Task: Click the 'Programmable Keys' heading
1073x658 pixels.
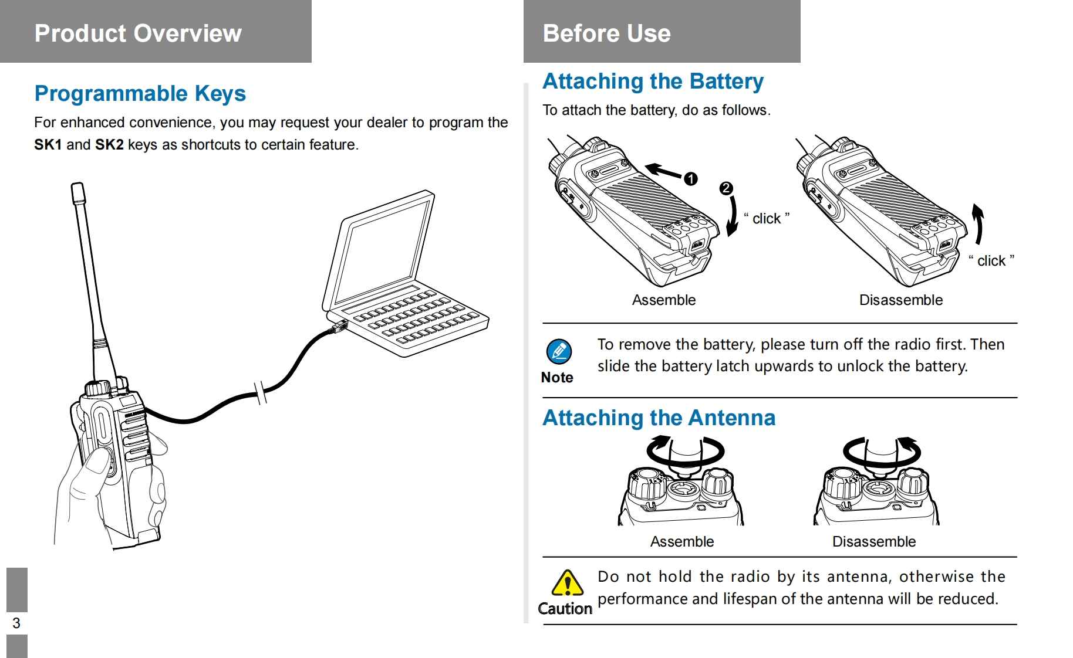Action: coord(140,94)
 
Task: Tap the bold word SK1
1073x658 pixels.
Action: coord(48,145)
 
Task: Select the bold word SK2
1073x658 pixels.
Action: coord(109,145)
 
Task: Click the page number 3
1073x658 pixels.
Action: coord(16,623)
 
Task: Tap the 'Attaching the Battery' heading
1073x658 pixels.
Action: coord(653,82)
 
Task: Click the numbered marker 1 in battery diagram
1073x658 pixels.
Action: coord(691,179)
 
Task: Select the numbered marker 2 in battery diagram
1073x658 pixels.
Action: coord(726,188)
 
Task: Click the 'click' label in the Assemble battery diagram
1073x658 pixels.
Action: coord(767,219)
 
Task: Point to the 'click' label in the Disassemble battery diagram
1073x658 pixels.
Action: coord(991,261)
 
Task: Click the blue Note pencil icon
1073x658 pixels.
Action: coord(559,352)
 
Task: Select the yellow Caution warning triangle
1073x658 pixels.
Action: coord(567,584)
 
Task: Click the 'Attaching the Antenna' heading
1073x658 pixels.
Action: coord(659,418)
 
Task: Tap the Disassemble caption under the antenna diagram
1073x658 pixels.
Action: coord(873,542)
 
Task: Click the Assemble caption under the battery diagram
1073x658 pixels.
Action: coord(663,300)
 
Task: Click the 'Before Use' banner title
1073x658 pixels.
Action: coord(606,33)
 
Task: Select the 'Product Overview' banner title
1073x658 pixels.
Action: coord(138,33)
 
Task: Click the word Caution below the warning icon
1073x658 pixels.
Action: coord(565,609)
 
